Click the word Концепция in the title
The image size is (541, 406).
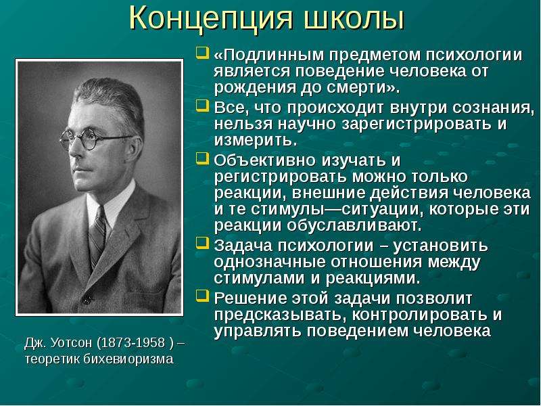(x=211, y=20)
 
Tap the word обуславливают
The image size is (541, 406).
(x=354, y=226)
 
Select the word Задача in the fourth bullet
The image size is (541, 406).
(x=243, y=246)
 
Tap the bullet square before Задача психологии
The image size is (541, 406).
(x=202, y=243)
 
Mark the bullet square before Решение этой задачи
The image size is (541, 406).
(x=202, y=296)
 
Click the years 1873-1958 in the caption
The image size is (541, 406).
(x=131, y=342)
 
